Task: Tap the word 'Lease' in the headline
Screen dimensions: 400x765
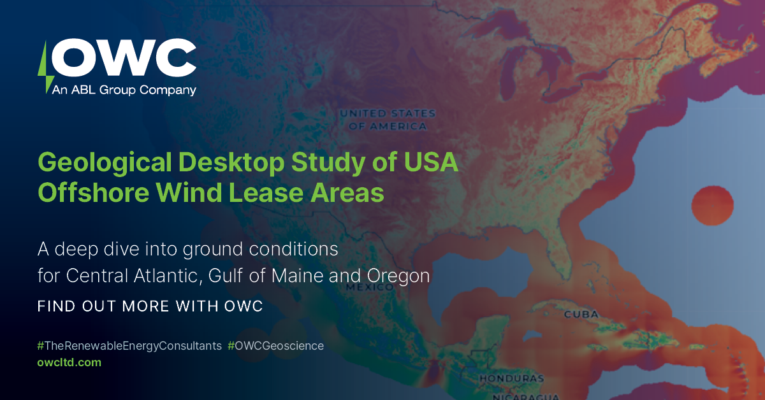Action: click(272, 192)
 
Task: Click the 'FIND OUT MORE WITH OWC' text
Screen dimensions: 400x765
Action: click(150, 306)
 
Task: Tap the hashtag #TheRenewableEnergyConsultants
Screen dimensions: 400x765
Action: click(129, 346)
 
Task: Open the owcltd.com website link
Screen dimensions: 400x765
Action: click(69, 362)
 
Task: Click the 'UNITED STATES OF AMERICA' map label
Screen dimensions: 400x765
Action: click(388, 120)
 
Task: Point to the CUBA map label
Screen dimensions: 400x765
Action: click(581, 315)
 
